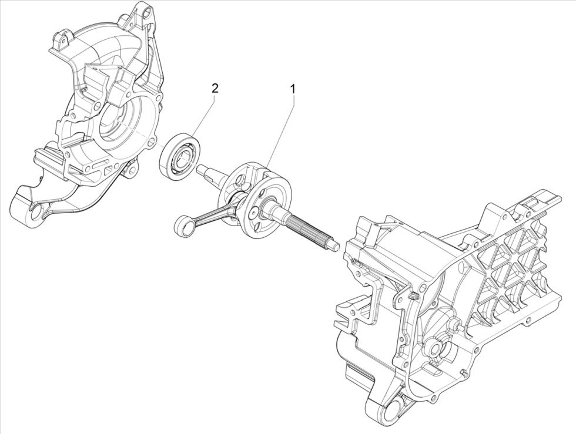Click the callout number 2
(215, 89)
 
